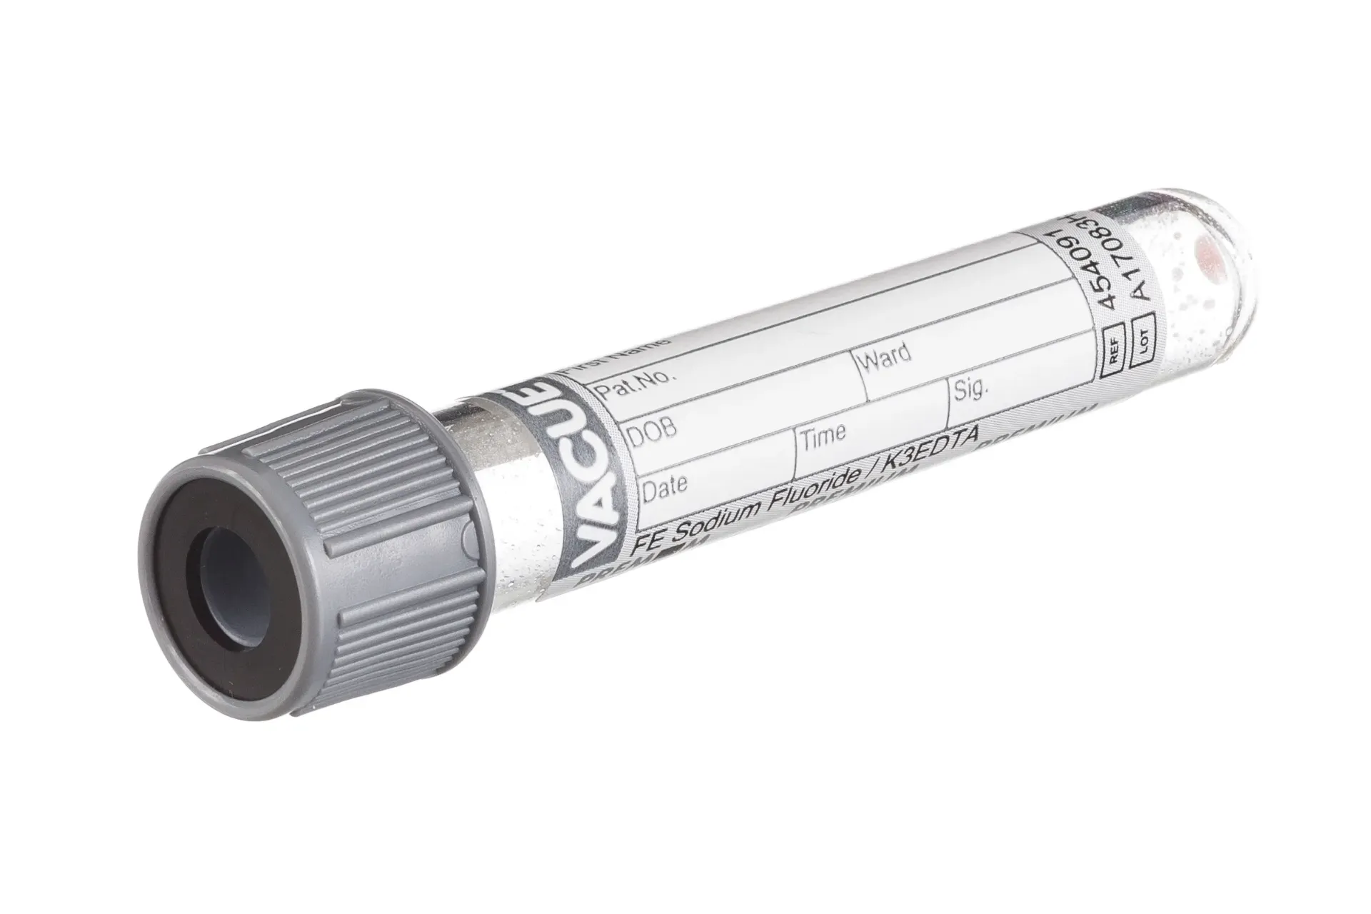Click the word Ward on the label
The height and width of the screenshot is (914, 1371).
(x=886, y=356)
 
